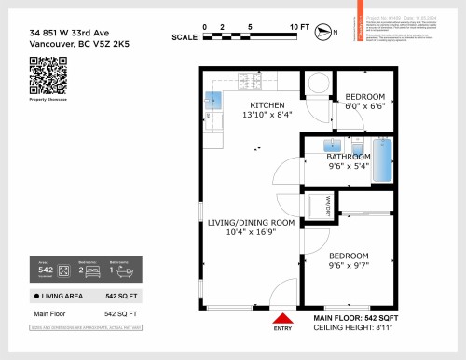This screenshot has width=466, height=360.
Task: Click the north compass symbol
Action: [x=323, y=32]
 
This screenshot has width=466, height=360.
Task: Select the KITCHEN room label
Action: [x=267, y=104]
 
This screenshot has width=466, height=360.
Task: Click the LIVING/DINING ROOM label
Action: [x=252, y=223]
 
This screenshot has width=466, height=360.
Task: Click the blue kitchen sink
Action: [x=214, y=99]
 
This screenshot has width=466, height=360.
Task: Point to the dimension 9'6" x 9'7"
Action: [x=349, y=265]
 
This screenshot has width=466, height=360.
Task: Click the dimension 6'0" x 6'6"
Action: [x=364, y=107]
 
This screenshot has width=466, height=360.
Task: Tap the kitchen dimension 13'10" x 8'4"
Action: [x=267, y=115]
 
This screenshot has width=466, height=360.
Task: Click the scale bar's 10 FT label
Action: [x=299, y=27]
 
